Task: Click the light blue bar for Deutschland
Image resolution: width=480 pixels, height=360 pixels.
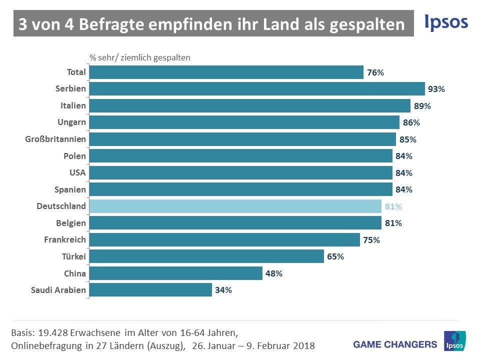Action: [x=235, y=206]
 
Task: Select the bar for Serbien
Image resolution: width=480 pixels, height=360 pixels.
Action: [x=257, y=89]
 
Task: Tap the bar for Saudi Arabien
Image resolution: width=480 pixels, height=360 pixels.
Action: [x=150, y=290]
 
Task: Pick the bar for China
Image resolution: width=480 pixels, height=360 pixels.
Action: [x=176, y=273]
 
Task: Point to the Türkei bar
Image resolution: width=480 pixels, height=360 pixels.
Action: [x=206, y=256]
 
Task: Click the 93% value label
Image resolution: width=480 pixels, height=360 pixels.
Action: [x=436, y=89]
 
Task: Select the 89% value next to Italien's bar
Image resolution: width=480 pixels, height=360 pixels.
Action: [x=422, y=106]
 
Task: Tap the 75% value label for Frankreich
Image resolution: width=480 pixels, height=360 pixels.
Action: [x=371, y=240]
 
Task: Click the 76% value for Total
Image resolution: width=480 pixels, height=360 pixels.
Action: [x=375, y=72]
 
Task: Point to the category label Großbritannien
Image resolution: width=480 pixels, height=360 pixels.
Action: [x=55, y=139]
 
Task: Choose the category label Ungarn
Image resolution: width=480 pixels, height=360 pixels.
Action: [x=72, y=122]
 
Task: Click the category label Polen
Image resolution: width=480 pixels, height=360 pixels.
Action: [x=74, y=156]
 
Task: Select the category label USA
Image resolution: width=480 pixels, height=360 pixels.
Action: [x=77, y=173]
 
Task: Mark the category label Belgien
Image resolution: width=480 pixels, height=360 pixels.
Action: [x=71, y=223]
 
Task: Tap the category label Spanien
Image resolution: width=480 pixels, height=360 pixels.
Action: [x=70, y=189]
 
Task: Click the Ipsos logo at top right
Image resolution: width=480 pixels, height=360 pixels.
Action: [x=446, y=22]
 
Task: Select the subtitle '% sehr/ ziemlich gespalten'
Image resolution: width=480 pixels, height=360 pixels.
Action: [x=140, y=57]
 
